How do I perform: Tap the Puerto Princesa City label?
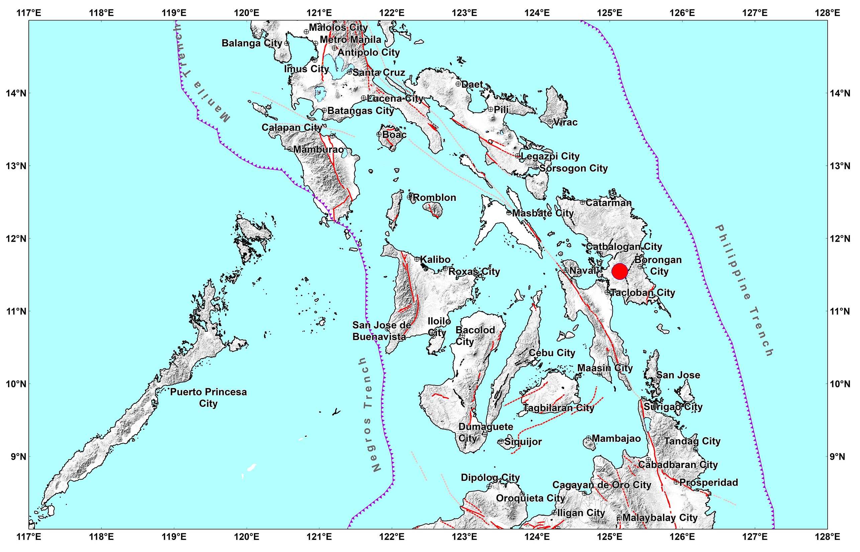pos(208,397)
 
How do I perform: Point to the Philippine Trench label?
pos(744,290)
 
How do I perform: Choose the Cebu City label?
pos(552,353)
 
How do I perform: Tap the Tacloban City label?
pos(643,293)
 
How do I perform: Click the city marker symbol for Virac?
pos(550,122)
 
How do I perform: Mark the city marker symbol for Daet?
pos(458,84)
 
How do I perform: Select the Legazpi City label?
pos(550,156)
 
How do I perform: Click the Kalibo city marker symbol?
pos(417,259)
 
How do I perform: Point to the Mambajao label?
pos(616,439)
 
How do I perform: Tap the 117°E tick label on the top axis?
pos(29,13)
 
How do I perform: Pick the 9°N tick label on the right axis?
pos(840,457)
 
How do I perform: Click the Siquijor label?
pos(523,442)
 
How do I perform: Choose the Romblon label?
pos(435,198)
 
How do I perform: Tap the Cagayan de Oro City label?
pos(601,485)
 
